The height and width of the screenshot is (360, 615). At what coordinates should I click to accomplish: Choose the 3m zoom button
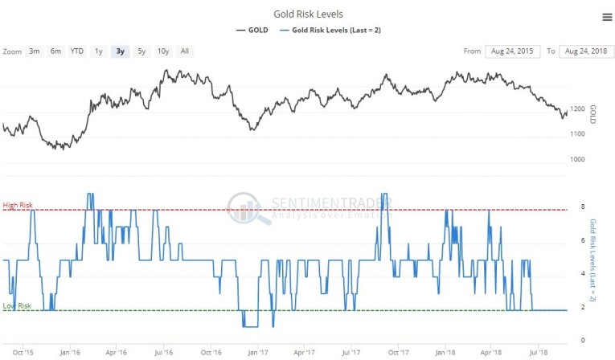point(35,51)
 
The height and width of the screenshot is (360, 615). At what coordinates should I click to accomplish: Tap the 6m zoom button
point(55,51)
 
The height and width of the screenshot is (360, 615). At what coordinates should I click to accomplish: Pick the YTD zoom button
point(76,51)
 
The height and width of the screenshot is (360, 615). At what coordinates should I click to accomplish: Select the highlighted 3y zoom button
point(120,51)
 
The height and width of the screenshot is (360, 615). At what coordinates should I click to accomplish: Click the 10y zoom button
point(163,51)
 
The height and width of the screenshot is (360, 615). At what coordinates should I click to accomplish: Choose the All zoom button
point(184,51)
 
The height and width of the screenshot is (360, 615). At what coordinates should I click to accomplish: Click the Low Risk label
point(17,306)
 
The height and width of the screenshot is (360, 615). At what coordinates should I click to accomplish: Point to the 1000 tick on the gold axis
point(576,159)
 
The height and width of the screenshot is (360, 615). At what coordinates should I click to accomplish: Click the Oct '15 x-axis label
point(23,352)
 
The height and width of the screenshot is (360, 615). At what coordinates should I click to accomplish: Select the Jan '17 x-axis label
point(258,352)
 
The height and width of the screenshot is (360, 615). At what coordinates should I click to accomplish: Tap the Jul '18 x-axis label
point(538,352)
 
